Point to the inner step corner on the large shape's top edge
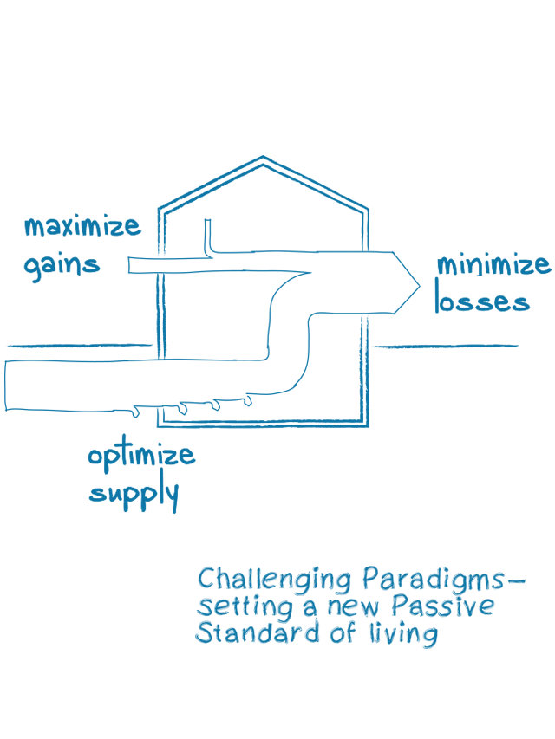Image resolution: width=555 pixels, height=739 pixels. (x=318, y=184)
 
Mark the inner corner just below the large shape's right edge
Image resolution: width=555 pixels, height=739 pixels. (x=529, y=308)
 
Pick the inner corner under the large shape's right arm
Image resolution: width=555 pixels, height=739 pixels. (x=318, y=427)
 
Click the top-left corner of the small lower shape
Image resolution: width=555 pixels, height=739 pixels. (x=196, y=567)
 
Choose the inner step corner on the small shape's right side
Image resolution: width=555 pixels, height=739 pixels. (x=445, y=616)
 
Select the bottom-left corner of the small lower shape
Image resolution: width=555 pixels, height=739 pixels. (x=196, y=645)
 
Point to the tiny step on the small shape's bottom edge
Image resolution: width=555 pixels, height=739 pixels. (x=319, y=646)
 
